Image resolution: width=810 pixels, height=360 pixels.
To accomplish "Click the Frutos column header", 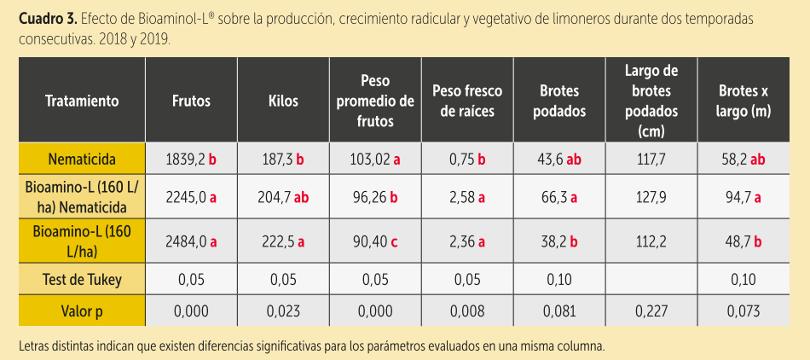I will click(191, 101).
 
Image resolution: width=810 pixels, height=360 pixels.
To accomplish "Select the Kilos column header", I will click(283, 101).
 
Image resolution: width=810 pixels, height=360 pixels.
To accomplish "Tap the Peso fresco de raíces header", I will click(467, 101).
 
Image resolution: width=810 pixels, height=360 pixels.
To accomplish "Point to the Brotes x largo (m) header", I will click(743, 101).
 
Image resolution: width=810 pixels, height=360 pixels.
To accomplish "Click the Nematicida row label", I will click(82, 160).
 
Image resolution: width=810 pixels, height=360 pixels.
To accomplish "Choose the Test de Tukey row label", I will click(82, 279).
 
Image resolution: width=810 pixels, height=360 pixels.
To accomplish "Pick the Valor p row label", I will click(82, 311).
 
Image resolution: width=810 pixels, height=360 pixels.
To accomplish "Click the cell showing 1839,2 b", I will click(191, 160).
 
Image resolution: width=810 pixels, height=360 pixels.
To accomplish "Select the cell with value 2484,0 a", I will click(191, 241).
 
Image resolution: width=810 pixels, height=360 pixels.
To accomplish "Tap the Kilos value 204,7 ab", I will click(283, 197).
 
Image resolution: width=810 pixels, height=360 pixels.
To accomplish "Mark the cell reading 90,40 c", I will click(375, 241).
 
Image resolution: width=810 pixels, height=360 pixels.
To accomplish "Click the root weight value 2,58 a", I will click(467, 197).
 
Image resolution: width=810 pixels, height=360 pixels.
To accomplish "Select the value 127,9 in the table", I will click(651, 197).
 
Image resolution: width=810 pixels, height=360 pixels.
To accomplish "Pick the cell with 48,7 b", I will click(743, 241).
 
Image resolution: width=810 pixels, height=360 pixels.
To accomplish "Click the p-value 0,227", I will click(651, 311).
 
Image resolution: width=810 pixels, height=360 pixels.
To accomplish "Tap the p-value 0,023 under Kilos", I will click(283, 311).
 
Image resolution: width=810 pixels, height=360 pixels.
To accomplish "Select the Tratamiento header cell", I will click(82, 101).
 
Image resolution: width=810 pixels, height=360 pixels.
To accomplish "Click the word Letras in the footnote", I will click(36, 346).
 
